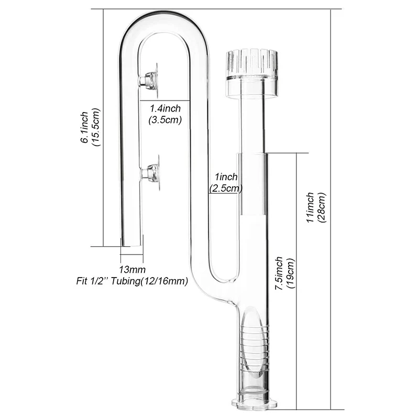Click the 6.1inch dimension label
(84, 128)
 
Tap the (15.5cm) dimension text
(96, 128)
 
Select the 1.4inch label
(165, 109)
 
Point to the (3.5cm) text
(165, 119)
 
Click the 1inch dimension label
(225, 178)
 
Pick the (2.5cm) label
(226, 188)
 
